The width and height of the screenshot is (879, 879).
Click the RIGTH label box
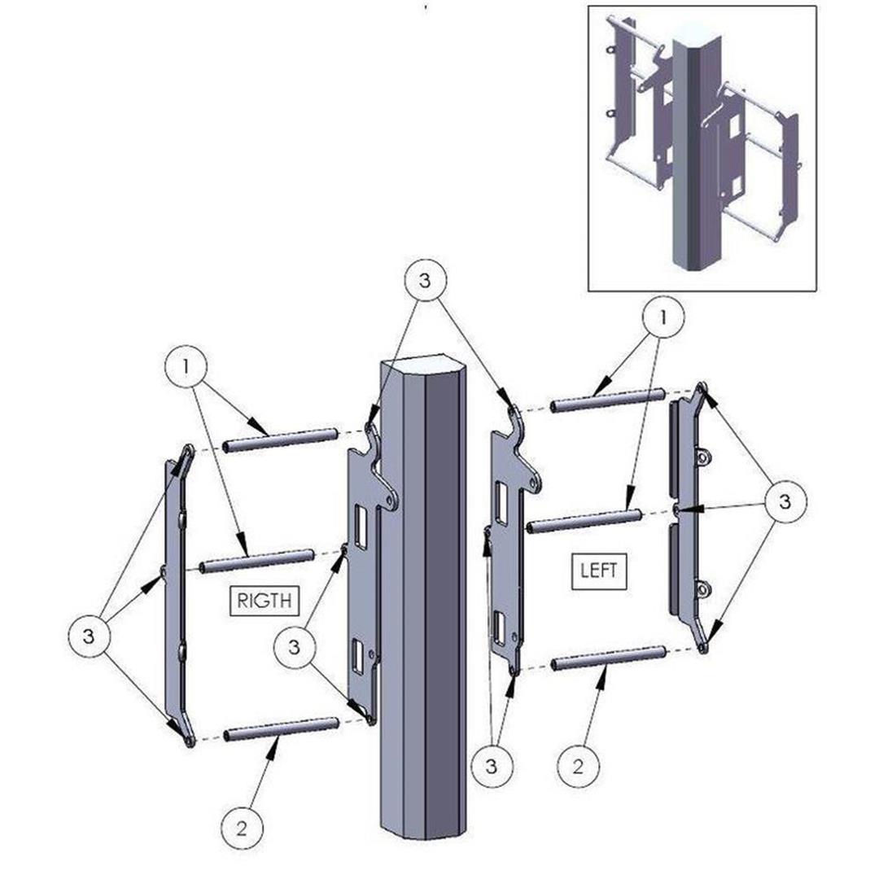(265, 601)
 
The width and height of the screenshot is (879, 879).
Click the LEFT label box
(599, 571)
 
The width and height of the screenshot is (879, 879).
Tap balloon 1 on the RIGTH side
(186, 367)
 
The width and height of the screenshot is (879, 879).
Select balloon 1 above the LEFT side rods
(663, 318)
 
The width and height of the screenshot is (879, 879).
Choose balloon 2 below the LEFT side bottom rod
(579, 767)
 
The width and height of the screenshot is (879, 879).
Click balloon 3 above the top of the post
(425, 280)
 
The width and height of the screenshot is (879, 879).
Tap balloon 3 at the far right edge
(785, 501)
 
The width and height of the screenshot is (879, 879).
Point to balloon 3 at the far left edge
(89, 636)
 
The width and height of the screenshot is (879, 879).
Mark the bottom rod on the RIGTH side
(282, 728)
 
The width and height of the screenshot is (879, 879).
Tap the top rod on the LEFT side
(608, 400)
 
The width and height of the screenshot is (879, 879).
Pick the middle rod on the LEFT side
(584, 519)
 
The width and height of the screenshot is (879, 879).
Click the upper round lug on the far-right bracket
(702, 457)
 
